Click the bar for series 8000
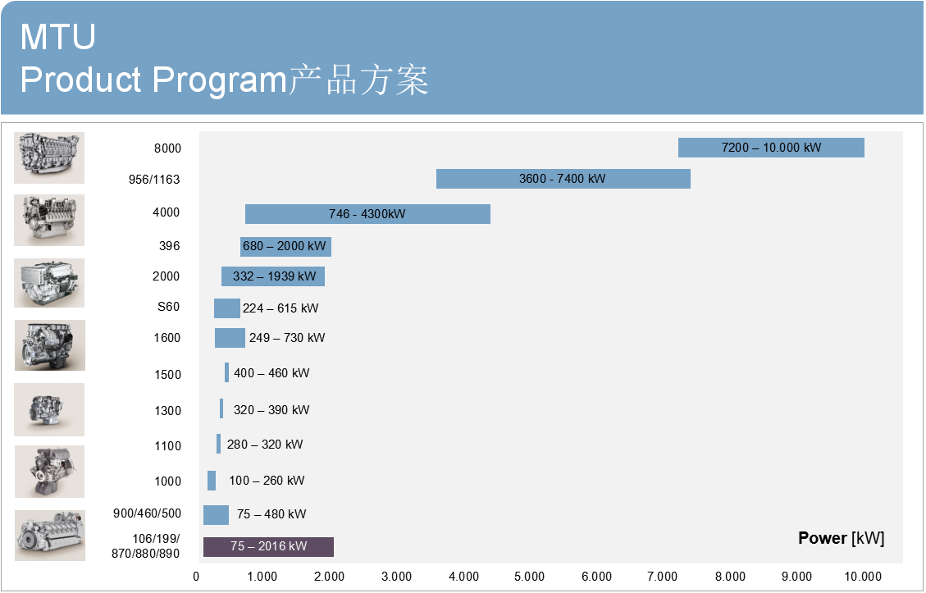click(771, 148)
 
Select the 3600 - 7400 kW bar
click(563, 179)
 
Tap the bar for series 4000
click(367, 214)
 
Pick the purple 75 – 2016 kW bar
click(268, 547)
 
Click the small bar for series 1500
click(226, 373)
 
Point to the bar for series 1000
click(212, 481)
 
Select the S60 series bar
click(226, 308)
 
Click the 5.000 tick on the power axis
click(529, 577)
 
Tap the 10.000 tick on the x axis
click(863, 577)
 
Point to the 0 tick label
click(196, 577)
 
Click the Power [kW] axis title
click(841, 539)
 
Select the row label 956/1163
click(155, 180)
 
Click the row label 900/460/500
click(147, 513)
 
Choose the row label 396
click(169, 246)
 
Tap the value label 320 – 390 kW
click(271, 410)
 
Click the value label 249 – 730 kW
click(287, 338)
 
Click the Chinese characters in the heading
click(358, 80)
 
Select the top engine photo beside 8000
click(49, 157)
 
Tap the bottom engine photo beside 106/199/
click(49, 536)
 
